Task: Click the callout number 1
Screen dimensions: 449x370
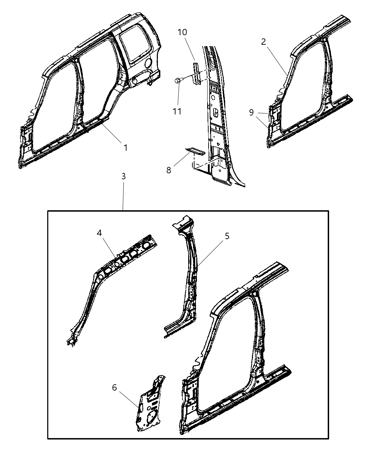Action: tap(125, 148)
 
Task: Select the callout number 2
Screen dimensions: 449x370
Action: tap(264, 42)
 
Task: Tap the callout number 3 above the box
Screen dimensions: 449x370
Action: tap(123, 176)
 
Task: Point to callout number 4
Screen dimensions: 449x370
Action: tap(99, 233)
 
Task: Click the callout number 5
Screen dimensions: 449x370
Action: tap(227, 236)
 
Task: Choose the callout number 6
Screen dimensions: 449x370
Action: tap(114, 388)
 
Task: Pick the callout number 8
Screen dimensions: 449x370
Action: tap(169, 170)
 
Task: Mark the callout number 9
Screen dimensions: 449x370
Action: tap(251, 112)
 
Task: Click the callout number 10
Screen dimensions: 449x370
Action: tap(182, 32)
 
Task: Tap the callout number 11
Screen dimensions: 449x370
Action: tap(177, 111)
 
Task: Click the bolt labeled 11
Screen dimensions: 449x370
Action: tap(178, 81)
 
